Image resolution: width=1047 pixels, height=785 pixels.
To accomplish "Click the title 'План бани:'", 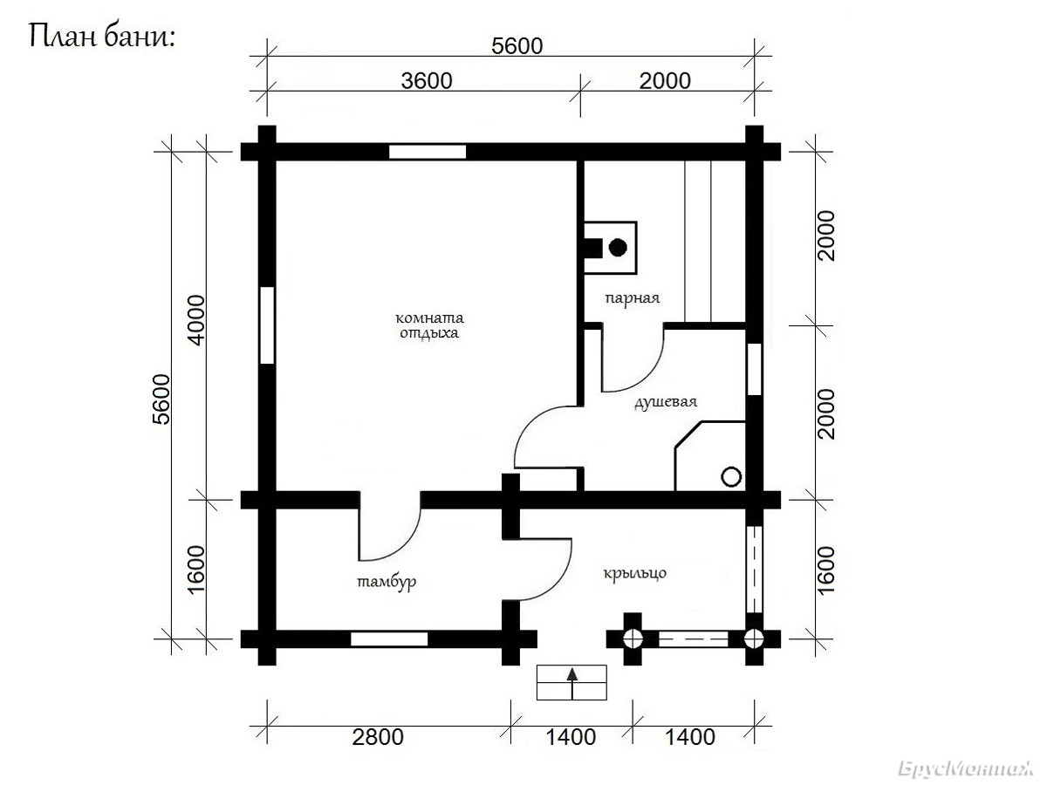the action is [x=102, y=37].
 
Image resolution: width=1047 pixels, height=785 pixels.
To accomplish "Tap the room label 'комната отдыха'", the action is [x=429, y=325].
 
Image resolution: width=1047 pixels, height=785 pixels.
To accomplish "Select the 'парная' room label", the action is [x=633, y=299].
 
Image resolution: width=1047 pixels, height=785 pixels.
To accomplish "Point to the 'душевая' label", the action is [x=666, y=402].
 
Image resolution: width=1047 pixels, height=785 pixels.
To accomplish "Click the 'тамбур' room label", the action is [x=387, y=582].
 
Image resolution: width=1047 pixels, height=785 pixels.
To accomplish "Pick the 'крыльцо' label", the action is [x=635, y=573].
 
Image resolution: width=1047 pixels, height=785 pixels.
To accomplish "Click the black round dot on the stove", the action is [x=618, y=248].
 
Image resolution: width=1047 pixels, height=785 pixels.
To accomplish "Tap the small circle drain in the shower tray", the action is [x=731, y=476].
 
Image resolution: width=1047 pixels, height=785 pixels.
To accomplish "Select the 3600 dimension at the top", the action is [x=427, y=81].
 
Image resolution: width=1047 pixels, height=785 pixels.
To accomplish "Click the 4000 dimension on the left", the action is [x=196, y=320].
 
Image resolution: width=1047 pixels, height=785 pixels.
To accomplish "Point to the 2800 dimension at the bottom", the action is [x=378, y=737].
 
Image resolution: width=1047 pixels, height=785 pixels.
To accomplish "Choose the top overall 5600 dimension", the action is [x=517, y=46].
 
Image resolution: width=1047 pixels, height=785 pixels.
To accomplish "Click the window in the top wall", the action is [x=428, y=152].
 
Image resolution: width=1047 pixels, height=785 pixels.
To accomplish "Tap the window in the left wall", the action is [x=267, y=325].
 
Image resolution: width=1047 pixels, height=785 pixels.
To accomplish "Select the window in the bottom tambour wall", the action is [x=389, y=639].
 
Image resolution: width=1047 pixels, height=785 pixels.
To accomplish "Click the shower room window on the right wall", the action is [x=754, y=369].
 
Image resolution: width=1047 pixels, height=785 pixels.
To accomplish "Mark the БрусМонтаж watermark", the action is [x=966, y=768].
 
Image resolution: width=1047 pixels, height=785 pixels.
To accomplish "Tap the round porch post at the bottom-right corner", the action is [x=754, y=639].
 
